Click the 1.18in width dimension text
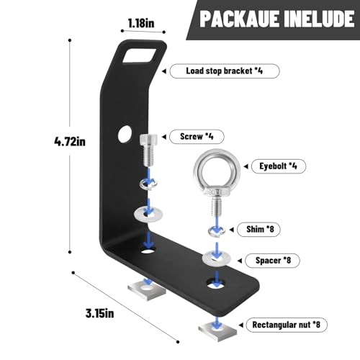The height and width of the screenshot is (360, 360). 141,24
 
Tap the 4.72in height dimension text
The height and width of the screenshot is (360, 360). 70,141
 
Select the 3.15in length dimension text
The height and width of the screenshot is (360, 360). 100,313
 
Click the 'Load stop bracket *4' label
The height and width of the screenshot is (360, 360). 225,71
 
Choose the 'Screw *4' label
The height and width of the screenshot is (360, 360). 197,137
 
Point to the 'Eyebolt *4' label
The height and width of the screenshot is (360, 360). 279,166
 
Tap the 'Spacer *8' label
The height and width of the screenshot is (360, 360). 272,261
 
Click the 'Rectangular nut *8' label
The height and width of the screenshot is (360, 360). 287,325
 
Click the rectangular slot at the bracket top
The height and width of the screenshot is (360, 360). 139,55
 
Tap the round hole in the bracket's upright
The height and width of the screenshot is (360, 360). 125,134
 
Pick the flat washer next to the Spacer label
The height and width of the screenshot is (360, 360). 217,258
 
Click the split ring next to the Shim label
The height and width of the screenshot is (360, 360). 217,230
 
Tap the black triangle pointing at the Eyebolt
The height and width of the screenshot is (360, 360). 246,166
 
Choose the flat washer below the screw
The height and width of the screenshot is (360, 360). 148,214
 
